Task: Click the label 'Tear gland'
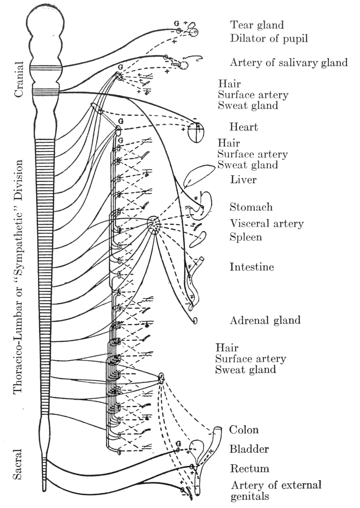point(257,25)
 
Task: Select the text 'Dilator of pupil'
point(269,38)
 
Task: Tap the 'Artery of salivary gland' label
point(289,63)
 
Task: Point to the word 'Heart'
point(243,127)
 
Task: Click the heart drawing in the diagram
point(196,132)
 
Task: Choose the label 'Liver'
point(243,179)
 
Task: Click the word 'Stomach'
point(251,207)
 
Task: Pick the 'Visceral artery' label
point(267,223)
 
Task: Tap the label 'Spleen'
point(245,237)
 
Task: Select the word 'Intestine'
point(251,267)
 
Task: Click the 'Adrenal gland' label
point(265,320)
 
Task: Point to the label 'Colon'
point(244,429)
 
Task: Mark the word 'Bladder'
point(249,449)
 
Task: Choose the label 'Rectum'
point(249,468)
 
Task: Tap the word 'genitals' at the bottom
point(250,496)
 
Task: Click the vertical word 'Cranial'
point(18,79)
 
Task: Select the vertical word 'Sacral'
point(18,464)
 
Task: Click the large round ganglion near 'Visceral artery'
point(154,224)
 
